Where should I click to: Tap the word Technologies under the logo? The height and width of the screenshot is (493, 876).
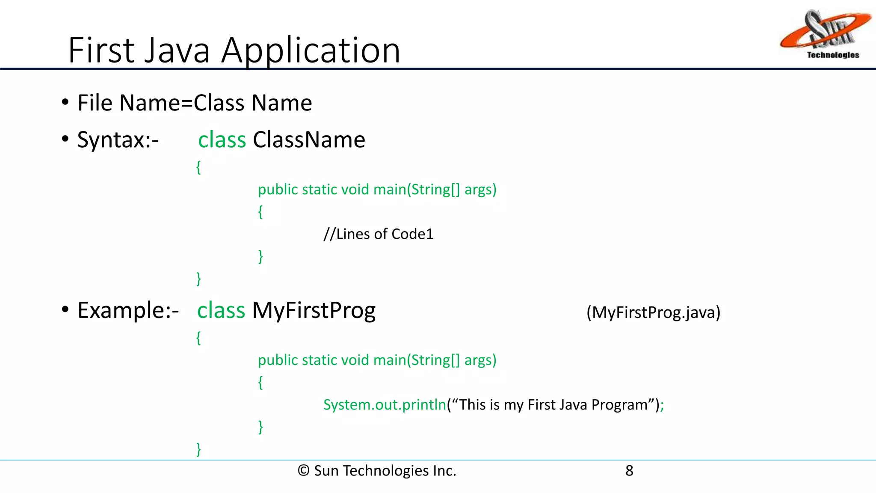tap(833, 55)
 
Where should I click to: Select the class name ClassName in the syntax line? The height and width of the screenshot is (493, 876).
tap(309, 140)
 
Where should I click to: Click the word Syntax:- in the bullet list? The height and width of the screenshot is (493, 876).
tap(118, 140)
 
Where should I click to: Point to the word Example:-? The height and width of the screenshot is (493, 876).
tap(128, 310)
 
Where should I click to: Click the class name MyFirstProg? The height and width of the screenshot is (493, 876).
tap(314, 310)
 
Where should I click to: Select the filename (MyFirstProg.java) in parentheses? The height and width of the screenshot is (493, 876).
tap(653, 312)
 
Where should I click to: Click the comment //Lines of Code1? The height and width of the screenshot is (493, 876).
tap(378, 234)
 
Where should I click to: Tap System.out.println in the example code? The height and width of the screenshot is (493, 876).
tap(385, 405)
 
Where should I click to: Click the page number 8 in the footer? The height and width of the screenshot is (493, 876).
tap(629, 471)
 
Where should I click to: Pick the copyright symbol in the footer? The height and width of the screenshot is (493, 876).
tap(303, 471)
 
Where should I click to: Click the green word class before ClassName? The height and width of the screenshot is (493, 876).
tap(222, 140)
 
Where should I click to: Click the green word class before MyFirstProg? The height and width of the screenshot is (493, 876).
tap(221, 310)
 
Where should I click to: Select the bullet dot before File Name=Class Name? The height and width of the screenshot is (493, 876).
tap(65, 103)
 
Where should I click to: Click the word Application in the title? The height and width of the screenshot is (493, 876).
tap(311, 50)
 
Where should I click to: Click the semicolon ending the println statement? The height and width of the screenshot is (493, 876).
tap(662, 406)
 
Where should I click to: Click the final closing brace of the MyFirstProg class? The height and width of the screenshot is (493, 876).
tap(198, 449)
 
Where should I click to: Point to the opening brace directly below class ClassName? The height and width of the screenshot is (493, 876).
tap(198, 167)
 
